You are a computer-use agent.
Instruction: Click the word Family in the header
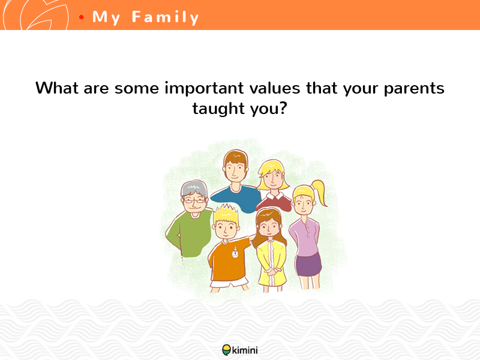pyautogui.click(x=166, y=17)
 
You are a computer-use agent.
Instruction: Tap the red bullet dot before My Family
pyautogui.click(x=81, y=17)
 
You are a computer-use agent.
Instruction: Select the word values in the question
pyautogui.click(x=275, y=88)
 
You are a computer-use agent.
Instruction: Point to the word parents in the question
pyautogui.click(x=414, y=89)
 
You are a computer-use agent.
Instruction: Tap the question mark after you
pyautogui.click(x=283, y=108)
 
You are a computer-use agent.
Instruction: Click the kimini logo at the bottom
pyautogui.click(x=239, y=350)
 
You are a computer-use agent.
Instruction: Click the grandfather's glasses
pyautogui.click(x=193, y=201)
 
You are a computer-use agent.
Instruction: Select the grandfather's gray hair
pyautogui.click(x=194, y=188)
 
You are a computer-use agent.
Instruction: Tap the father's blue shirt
pyautogui.click(x=236, y=198)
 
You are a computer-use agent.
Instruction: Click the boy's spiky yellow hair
pyautogui.click(x=226, y=214)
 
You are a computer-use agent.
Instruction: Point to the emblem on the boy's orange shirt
pyautogui.click(x=235, y=252)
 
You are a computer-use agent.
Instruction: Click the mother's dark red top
pyautogui.click(x=275, y=202)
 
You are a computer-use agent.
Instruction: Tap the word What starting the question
pyautogui.click(x=57, y=88)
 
